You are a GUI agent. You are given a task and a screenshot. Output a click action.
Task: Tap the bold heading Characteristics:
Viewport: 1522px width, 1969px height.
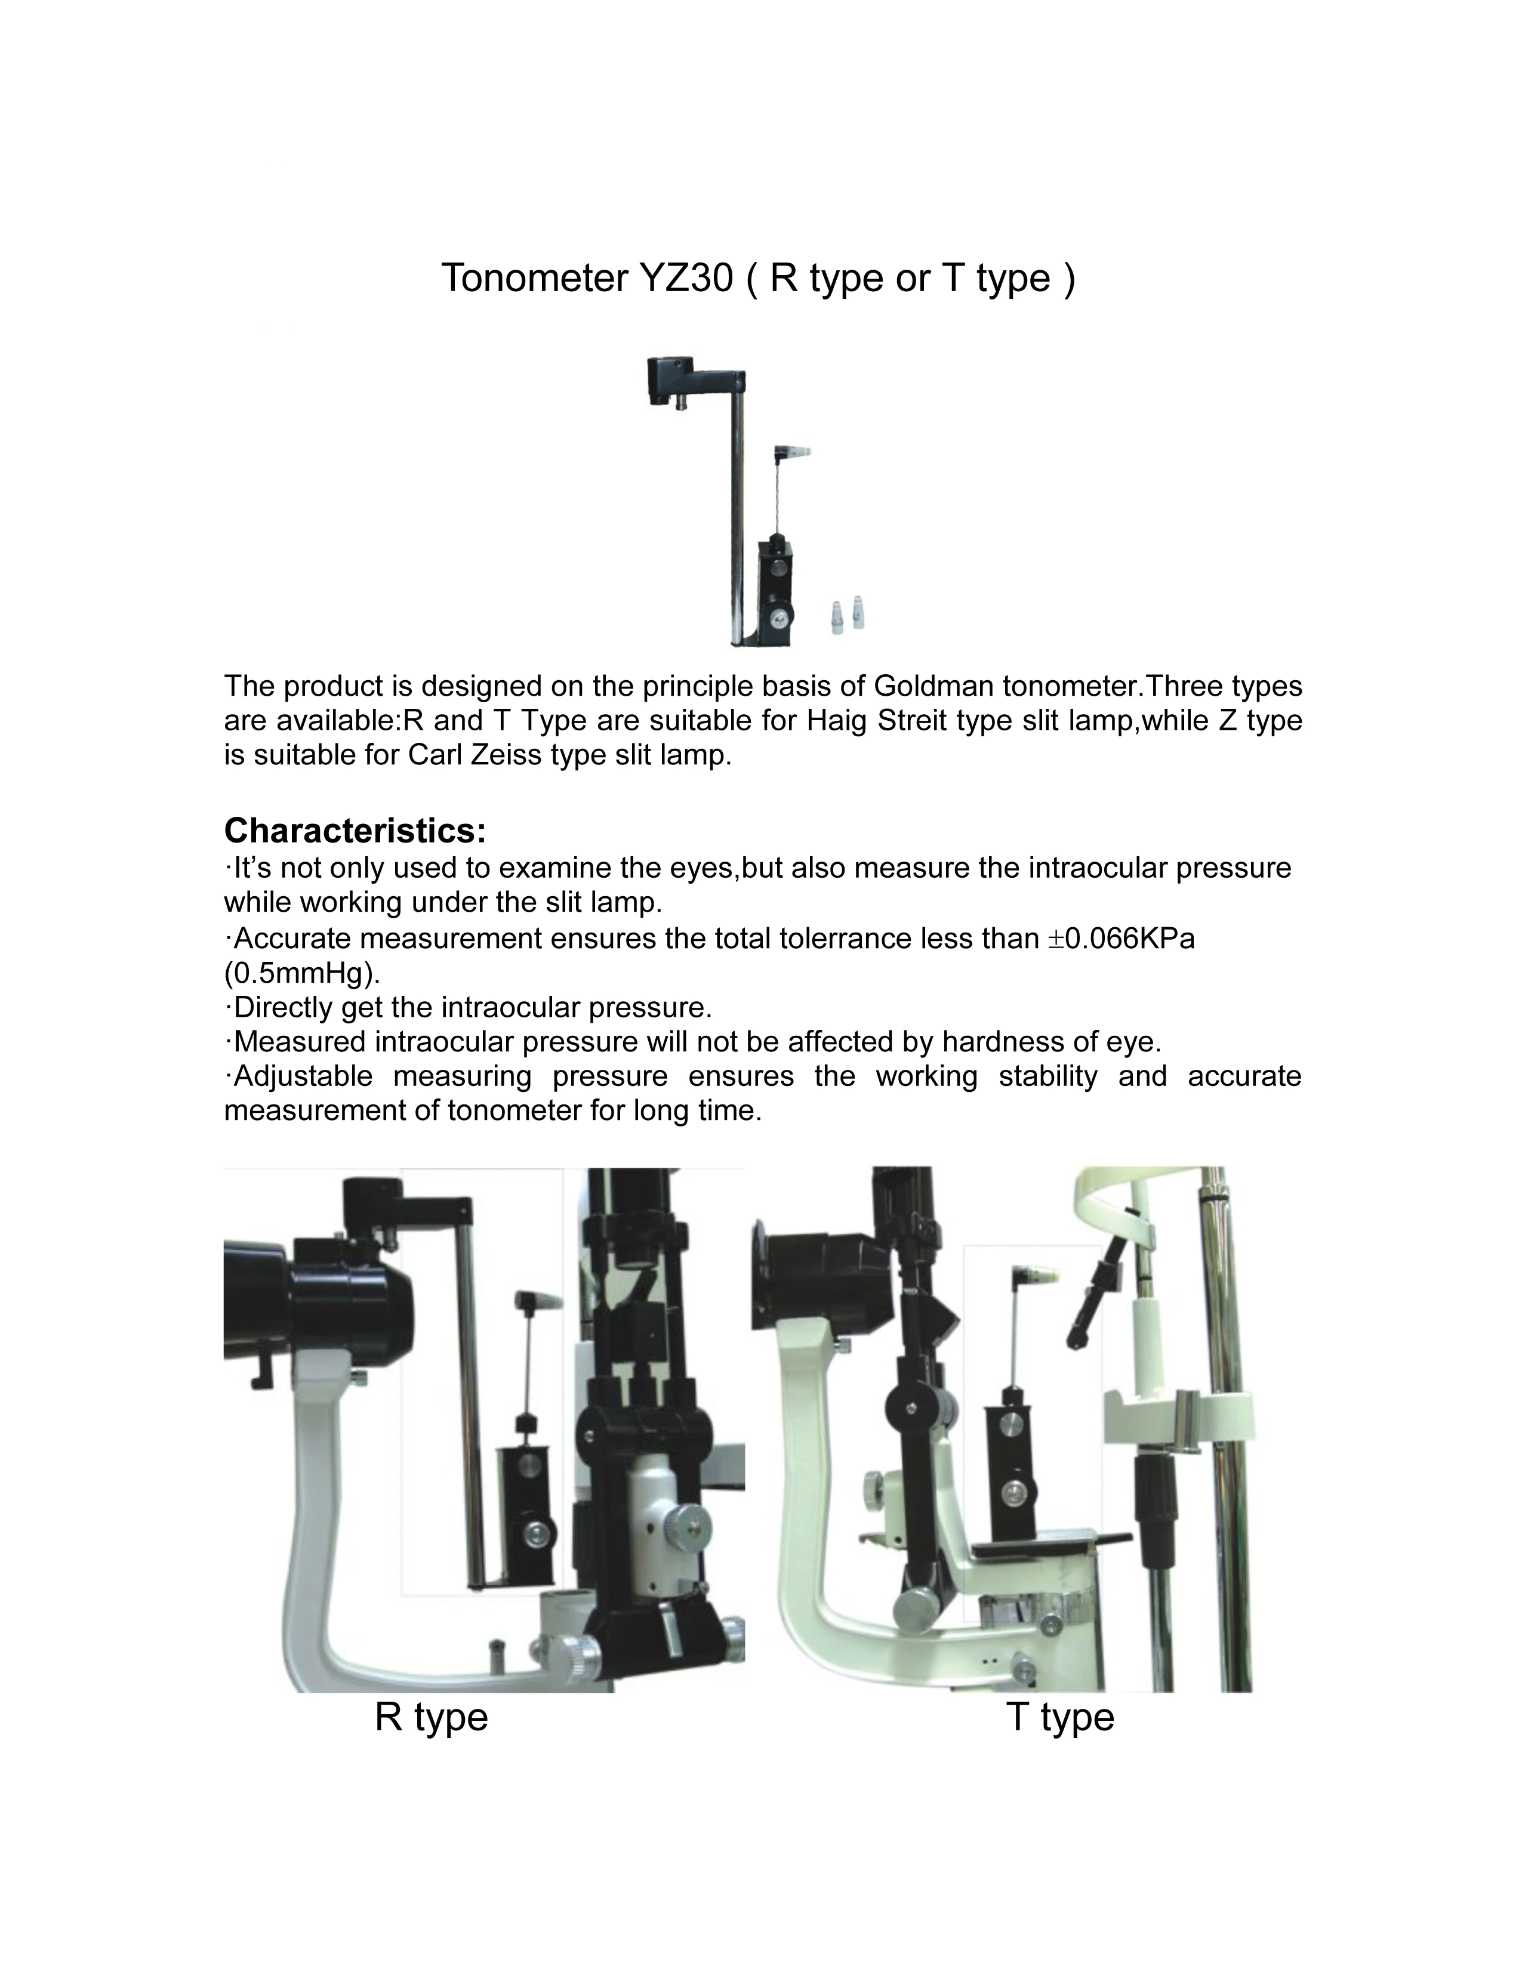[x=355, y=829]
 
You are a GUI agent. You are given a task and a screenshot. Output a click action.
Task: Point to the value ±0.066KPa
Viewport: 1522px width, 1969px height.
[x=1121, y=939]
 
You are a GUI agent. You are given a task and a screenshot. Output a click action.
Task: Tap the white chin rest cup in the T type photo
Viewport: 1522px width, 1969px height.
[x=1176, y=1416]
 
